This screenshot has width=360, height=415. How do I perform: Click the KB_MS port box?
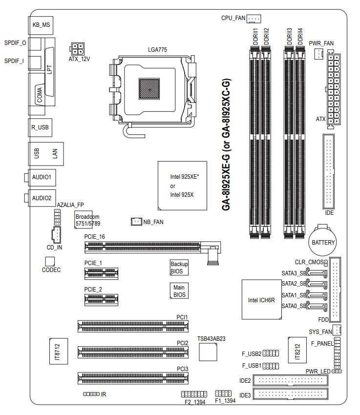pyautogui.click(x=41, y=24)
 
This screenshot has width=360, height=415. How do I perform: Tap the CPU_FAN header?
pyautogui.click(x=254, y=19)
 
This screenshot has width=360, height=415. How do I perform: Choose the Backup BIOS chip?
pyautogui.click(x=179, y=267)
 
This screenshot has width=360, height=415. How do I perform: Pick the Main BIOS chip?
pyautogui.click(x=179, y=290)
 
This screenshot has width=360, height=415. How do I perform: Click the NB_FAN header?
pyautogui.click(x=136, y=222)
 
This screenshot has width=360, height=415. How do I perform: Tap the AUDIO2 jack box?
pyautogui.click(x=41, y=198)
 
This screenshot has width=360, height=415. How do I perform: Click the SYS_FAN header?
pyautogui.click(x=337, y=330)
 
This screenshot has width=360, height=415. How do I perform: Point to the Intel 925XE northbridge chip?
pyautogui.click(x=181, y=185)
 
